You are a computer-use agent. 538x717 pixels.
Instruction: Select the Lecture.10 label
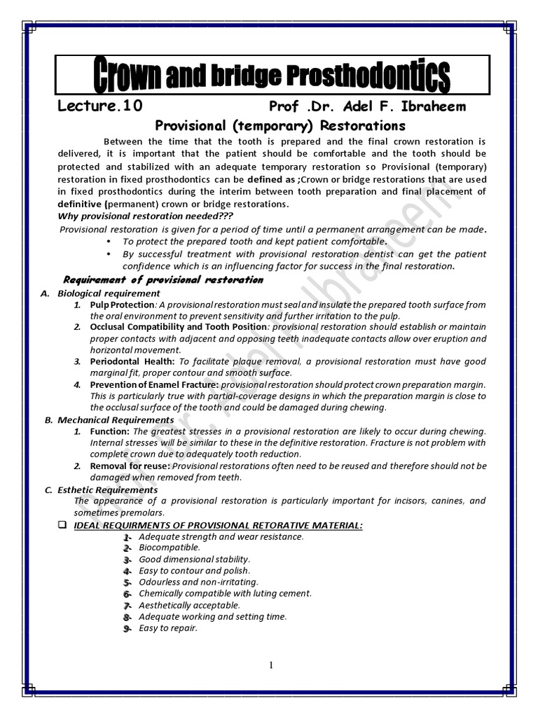tap(99, 106)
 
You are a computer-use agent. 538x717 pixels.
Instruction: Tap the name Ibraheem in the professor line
tap(432, 106)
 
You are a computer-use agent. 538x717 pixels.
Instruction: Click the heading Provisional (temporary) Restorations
tap(280, 126)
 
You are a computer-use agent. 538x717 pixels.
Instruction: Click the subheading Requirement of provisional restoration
tap(163, 280)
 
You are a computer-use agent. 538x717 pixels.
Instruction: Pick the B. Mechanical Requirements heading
tap(99, 420)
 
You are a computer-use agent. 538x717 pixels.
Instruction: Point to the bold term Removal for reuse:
tap(130, 466)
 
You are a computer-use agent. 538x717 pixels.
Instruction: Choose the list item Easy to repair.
tap(168, 628)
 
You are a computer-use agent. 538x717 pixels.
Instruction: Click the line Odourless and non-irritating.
tap(198, 582)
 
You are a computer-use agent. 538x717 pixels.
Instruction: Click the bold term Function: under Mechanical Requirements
tap(110, 431)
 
